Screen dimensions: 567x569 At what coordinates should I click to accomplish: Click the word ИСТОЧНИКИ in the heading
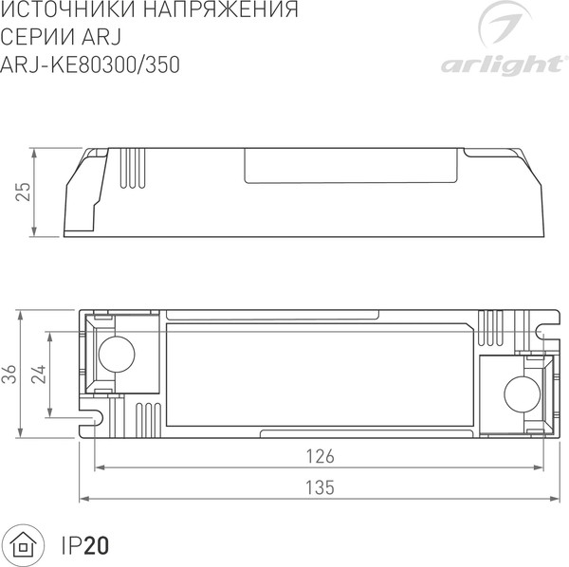63,12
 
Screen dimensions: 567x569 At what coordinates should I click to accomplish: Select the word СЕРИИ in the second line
39,38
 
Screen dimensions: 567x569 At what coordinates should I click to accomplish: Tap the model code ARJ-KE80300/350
91,64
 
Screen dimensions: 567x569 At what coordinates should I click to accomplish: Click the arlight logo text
499,64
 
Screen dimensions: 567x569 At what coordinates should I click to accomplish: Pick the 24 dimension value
39,375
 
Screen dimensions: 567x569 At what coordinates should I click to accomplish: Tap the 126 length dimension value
321,456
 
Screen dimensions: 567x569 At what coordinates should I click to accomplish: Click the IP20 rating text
86,546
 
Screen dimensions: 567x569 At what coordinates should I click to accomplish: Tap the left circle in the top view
118,355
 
